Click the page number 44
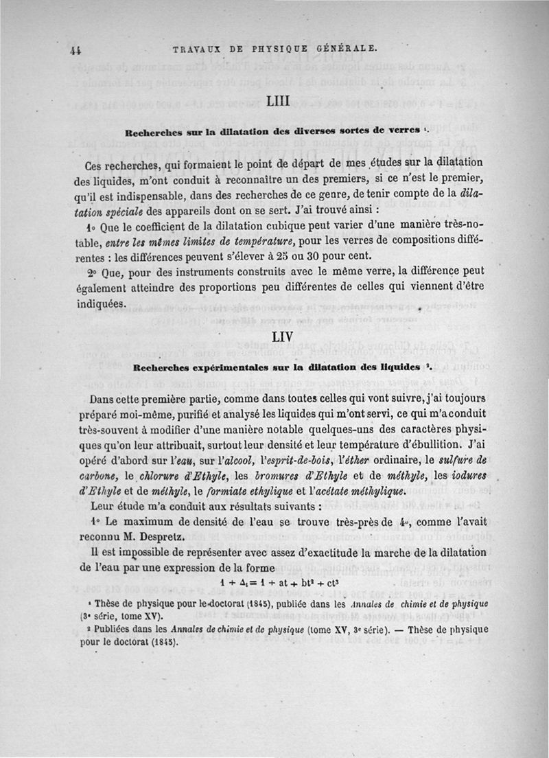(x=76, y=49)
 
